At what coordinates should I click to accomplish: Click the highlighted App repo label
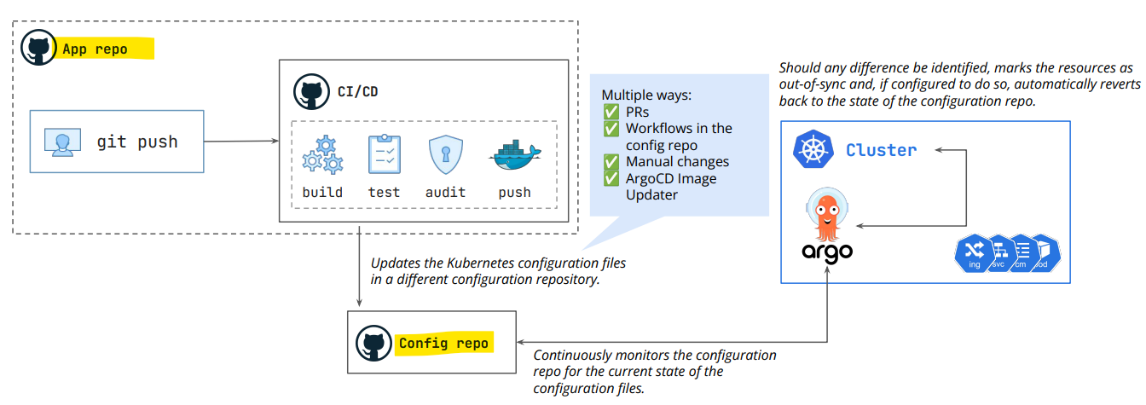[95, 49]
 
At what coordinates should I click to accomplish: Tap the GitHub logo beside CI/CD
[311, 92]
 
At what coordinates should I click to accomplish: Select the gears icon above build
[323, 154]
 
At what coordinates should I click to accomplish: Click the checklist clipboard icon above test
[385, 154]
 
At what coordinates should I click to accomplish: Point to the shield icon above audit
[446, 154]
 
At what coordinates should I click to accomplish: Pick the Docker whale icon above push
[515, 155]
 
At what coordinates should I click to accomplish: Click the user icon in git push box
[62, 142]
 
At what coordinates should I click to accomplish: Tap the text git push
[137, 142]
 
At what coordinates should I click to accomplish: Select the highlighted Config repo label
[443, 343]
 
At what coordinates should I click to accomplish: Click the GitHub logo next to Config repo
[373, 343]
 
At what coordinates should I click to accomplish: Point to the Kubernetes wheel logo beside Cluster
[813, 149]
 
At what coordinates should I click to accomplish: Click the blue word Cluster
[881, 150]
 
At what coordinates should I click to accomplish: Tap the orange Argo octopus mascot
[827, 214]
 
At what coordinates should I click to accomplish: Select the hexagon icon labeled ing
[974, 253]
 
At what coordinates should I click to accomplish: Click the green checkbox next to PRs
[611, 112]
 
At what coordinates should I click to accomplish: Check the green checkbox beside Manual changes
[611, 162]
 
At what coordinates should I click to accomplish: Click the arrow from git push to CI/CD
[241, 142]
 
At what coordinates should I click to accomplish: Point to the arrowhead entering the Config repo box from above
[359, 304]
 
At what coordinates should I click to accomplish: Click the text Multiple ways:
[646, 95]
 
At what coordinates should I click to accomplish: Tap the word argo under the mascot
[827, 252]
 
